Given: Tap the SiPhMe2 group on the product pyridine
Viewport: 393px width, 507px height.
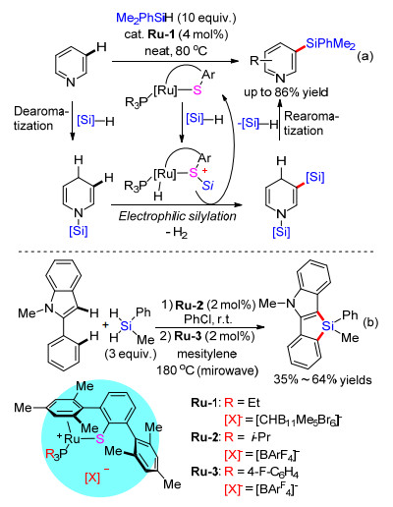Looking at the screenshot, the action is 330,44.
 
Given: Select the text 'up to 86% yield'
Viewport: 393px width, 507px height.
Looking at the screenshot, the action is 286,92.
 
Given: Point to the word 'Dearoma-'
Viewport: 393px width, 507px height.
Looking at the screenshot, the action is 40,112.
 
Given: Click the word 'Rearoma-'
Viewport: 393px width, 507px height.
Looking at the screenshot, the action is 311,116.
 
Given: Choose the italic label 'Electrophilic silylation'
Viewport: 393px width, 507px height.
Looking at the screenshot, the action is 177,216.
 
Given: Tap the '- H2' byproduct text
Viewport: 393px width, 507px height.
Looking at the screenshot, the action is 177,233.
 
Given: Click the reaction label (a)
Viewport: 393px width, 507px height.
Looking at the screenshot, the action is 365,56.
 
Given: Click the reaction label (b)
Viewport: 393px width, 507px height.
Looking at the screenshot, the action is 370,322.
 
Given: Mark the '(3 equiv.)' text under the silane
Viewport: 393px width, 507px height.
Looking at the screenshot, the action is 131,354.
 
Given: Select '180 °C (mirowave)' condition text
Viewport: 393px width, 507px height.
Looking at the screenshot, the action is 207,370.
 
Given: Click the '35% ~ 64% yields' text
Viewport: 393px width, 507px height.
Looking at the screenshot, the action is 322,380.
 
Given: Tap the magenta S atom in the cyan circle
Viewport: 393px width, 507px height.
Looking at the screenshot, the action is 99,439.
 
